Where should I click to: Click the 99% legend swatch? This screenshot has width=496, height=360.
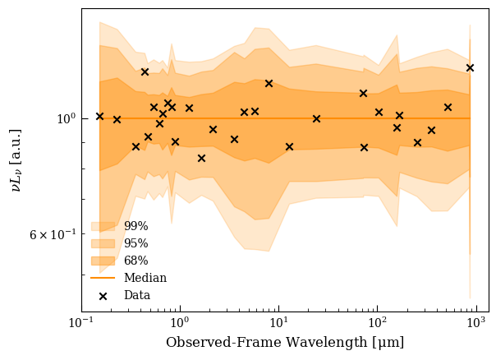pyautogui.click(x=103, y=226)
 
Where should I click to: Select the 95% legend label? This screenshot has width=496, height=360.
pyautogui.click(x=136, y=243)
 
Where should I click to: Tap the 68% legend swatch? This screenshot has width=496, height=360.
pyautogui.click(x=103, y=261)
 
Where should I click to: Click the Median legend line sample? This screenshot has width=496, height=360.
pyautogui.click(x=103, y=278)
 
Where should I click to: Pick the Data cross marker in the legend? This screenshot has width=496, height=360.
pyautogui.click(x=103, y=296)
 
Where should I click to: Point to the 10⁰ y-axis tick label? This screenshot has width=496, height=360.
pyautogui.click(x=67, y=118)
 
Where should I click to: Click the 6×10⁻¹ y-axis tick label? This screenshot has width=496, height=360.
pyautogui.click(x=53, y=233)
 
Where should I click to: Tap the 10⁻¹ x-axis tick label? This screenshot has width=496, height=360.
pyautogui.click(x=82, y=322)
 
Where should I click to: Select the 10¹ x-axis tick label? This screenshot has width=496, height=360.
pyautogui.click(x=279, y=322)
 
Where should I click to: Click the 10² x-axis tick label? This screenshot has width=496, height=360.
pyautogui.click(x=378, y=322)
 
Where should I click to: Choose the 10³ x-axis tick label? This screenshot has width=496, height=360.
pyautogui.click(x=476, y=322)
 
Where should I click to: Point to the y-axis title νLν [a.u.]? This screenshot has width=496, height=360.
pyautogui.click(x=16, y=160)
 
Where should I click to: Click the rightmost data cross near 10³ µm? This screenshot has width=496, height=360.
pyautogui.click(x=470, y=67)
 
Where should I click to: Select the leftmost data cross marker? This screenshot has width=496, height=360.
pyautogui.click(x=99, y=117)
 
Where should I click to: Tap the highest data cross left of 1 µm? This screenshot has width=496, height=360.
pyautogui.click(x=145, y=72)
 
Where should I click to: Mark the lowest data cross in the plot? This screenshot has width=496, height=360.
pyautogui.click(x=201, y=158)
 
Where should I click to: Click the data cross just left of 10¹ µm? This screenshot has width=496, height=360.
pyautogui.click(x=269, y=84)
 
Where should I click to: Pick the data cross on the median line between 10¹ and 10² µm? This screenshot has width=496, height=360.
pyautogui.click(x=316, y=118)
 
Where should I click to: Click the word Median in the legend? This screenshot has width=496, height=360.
pyautogui.click(x=145, y=278)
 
